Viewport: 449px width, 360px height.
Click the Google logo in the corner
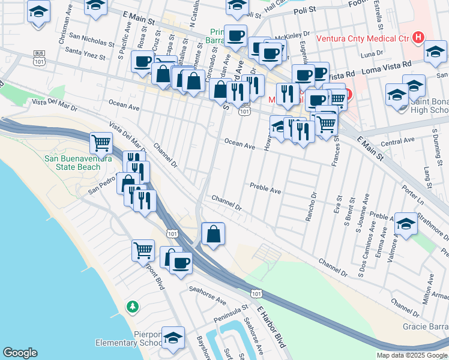[20, 353]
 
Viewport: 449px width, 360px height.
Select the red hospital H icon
[419, 39]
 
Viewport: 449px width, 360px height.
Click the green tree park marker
[132, 307]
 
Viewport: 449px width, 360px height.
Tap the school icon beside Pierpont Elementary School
[173, 338]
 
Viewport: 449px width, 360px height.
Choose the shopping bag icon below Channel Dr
[214, 234]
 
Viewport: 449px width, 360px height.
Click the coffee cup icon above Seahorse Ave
[181, 262]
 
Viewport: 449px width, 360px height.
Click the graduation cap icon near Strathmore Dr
[406, 225]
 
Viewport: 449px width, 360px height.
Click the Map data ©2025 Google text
[412, 355]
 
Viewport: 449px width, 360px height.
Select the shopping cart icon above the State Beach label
[101, 143]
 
